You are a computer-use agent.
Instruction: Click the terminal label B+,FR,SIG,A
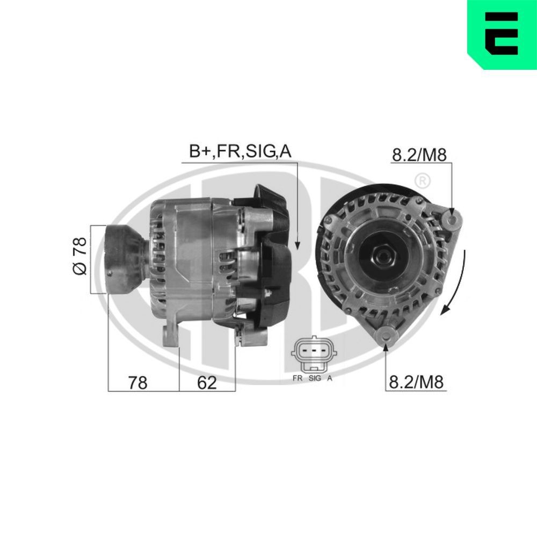pyautogui.click(x=240, y=152)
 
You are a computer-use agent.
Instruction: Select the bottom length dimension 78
pyautogui.click(x=137, y=382)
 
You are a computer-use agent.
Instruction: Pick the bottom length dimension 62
pyautogui.click(x=207, y=382)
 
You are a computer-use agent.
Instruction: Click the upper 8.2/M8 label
pyautogui.click(x=419, y=155)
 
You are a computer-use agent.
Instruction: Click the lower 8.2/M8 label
pyautogui.click(x=416, y=382)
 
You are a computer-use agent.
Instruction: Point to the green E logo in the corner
pyautogui.click(x=502, y=34)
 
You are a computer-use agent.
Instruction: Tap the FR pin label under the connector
pyautogui.click(x=298, y=378)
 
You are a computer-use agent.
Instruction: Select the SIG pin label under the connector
pyautogui.click(x=315, y=378)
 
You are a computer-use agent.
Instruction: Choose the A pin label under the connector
pyautogui.click(x=330, y=378)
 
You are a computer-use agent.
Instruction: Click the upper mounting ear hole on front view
pyautogui.click(x=452, y=219)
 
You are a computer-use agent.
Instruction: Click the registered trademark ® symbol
pyautogui.click(x=423, y=181)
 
